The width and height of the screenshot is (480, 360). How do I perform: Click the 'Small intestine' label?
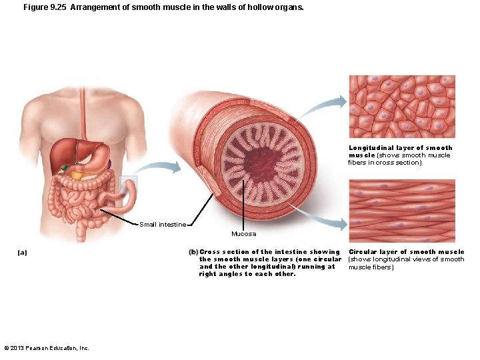[163, 225]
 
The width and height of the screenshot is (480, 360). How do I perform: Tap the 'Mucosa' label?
[243, 234]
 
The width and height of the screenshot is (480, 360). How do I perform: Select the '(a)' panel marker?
[22, 253]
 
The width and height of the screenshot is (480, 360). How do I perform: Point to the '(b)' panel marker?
[193, 252]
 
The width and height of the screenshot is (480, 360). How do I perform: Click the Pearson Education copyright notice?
[47, 347]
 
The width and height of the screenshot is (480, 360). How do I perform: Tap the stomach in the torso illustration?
[100, 158]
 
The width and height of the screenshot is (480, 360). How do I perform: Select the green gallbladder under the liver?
[65, 167]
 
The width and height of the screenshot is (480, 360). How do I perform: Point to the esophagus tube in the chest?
[83, 113]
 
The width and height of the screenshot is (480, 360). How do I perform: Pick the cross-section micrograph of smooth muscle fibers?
[402, 107]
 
